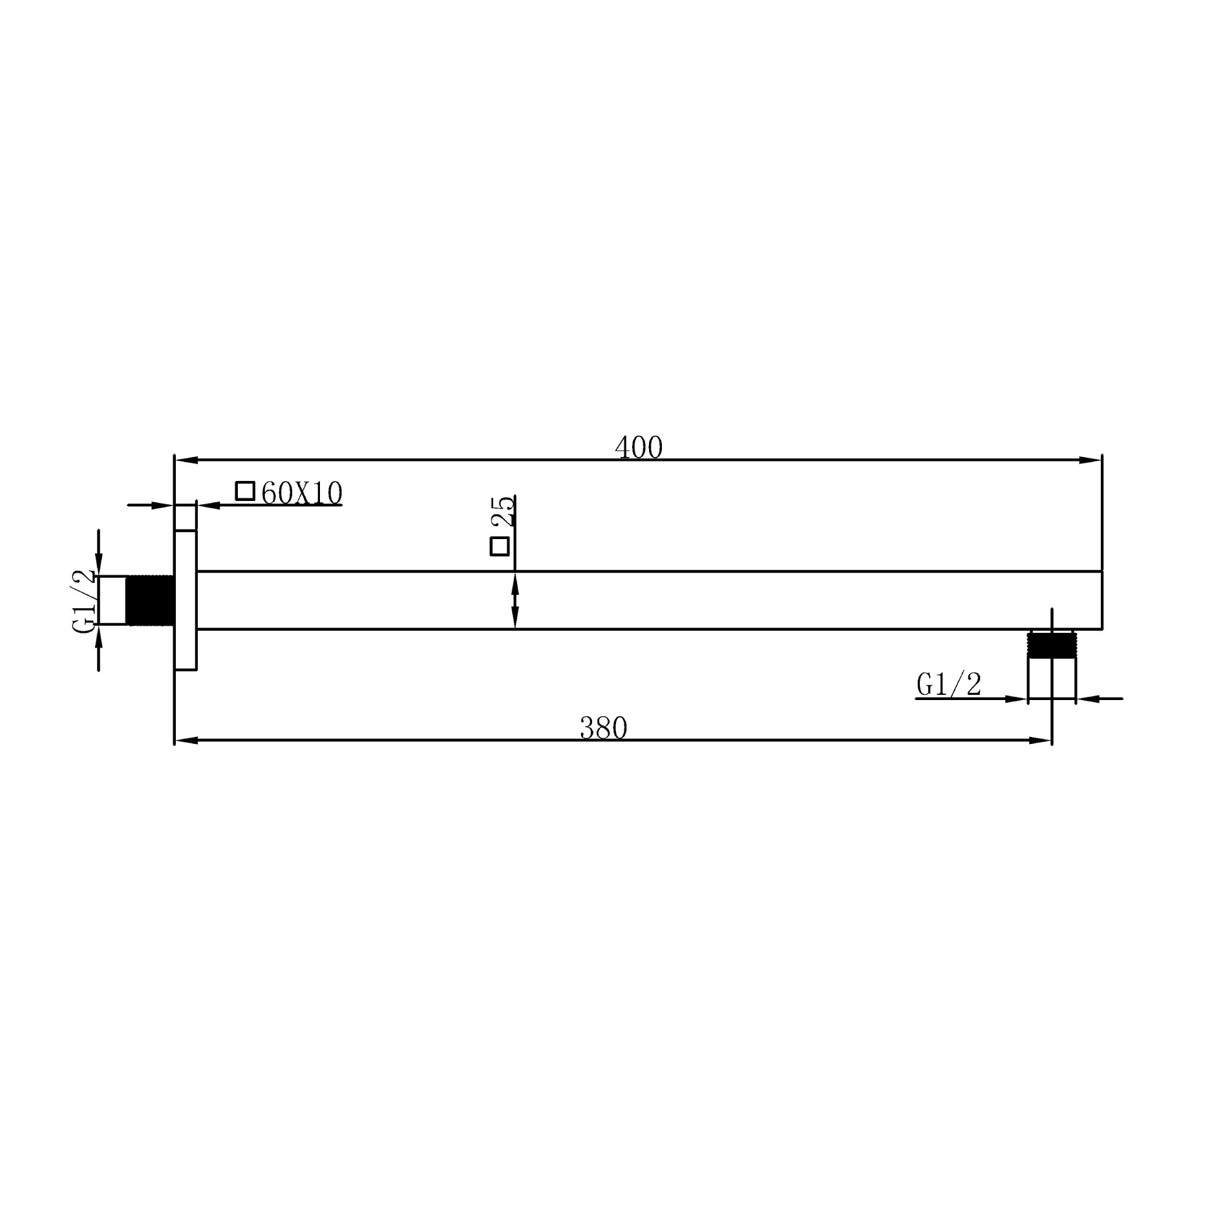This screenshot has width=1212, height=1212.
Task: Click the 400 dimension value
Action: (x=639, y=448)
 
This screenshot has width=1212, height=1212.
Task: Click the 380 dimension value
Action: (x=603, y=728)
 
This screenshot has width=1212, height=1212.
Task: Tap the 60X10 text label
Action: (x=302, y=494)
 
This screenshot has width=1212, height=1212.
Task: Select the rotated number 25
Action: (x=504, y=511)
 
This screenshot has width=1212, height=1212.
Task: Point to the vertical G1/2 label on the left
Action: (x=85, y=601)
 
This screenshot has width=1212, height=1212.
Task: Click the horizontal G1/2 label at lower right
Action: (x=949, y=684)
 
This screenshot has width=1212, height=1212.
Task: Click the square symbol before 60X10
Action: (x=245, y=491)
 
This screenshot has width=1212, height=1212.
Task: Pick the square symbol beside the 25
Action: (x=500, y=546)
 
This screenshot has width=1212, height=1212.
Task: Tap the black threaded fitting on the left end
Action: (x=150, y=601)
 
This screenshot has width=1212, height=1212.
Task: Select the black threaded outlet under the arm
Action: (x=1051, y=645)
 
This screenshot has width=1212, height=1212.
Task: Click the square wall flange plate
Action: (x=186, y=600)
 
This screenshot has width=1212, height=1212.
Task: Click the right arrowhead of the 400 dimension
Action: (x=1091, y=460)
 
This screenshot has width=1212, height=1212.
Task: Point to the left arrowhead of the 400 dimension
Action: (x=186, y=460)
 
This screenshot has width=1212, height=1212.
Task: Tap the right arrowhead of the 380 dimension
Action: (x=1041, y=740)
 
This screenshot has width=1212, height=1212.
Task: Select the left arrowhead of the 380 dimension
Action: (x=186, y=740)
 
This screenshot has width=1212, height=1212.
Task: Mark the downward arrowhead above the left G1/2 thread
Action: (x=98, y=564)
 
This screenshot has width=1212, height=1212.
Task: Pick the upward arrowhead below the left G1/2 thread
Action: (x=98, y=637)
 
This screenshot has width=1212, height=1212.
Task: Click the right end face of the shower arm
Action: (x=1101, y=600)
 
